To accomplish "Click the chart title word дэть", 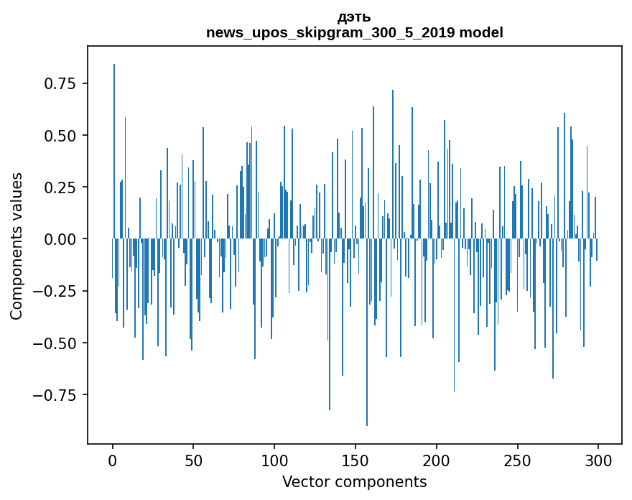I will (x=354, y=17).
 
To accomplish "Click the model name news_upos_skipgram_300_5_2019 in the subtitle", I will (x=333, y=32).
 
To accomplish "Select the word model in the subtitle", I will (x=482, y=32).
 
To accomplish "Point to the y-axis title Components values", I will (x=17, y=246).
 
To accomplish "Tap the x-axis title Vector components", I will (x=354, y=481).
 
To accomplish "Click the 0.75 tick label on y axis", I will (x=60, y=83).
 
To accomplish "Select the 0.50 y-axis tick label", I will (x=60, y=136).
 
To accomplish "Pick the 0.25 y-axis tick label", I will (x=60, y=187).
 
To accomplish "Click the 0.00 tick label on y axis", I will (x=60, y=239).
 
